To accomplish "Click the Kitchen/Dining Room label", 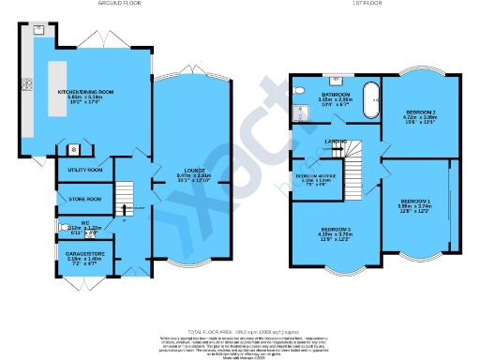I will point(85,92).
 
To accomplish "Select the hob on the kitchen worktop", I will point(28,85).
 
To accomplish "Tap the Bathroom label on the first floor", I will point(336,95).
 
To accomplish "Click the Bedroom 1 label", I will point(416,202).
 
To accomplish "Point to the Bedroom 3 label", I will point(336,231).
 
